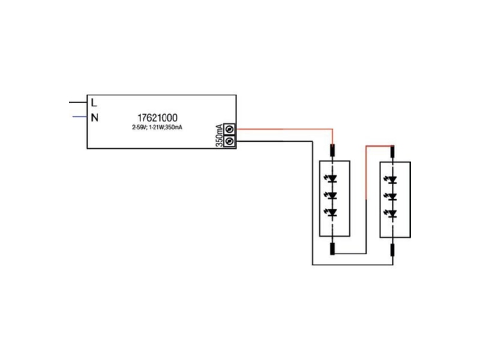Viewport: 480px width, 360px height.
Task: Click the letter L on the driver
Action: (x=94, y=102)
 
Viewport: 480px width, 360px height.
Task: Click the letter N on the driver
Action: (x=95, y=117)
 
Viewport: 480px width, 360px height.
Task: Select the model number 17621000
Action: (x=157, y=118)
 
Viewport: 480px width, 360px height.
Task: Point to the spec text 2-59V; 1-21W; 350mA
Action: (x=157, y=127)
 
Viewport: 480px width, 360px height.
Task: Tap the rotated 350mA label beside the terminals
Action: (x=219, y=136)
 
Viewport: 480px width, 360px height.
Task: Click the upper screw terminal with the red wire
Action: (x=230, y=130)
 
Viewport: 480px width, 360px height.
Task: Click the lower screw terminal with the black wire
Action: (x=230, y=141)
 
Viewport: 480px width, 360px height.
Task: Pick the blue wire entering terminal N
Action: (x=80, y=116)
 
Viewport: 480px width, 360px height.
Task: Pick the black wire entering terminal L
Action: (x=78, y=102)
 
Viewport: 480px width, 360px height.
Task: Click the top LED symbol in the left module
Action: (x=331, y=178)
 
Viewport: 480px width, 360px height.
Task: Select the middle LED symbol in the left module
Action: (x=331, y=196)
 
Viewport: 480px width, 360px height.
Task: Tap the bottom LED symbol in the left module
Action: (x=331, y=213)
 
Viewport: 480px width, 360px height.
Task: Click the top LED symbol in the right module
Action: (x=392, y=179)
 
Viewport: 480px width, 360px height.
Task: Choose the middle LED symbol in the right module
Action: (x=392, y=197)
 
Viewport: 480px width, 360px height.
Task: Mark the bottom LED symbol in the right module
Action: (x=392, y=214)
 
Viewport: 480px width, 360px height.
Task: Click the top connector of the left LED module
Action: (x=332, y=151)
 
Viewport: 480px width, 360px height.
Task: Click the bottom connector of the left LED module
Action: (x=332, y=249)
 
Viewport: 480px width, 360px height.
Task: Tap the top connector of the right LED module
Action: (x=392, y=152)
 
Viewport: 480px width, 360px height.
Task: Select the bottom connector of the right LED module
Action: (x=392, y=250)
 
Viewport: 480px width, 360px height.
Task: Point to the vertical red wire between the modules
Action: (x=366, y=173)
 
